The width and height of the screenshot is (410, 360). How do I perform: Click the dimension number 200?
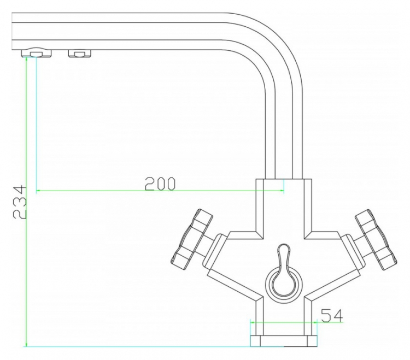pos(160,184)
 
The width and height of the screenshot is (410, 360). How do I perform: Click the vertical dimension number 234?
pos(20,202)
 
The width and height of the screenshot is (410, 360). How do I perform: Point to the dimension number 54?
pos(332,315)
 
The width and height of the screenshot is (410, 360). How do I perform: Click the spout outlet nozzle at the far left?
pos(36,54)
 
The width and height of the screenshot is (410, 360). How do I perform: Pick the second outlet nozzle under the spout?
pos(80,54)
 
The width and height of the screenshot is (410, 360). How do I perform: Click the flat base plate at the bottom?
pos(284,341)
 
